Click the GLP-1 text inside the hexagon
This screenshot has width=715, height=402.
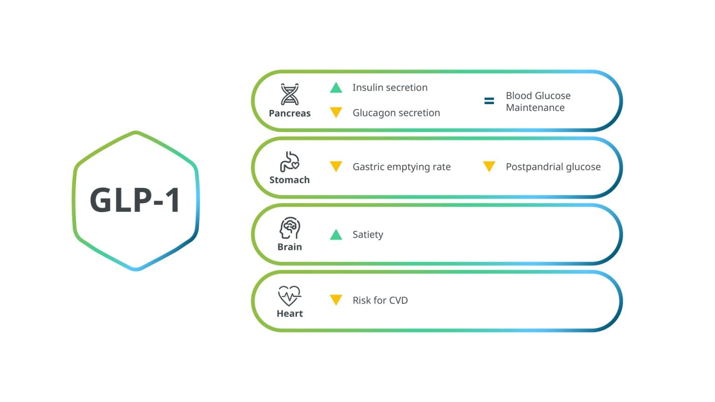[135, 201]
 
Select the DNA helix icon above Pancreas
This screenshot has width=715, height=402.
[290, 94]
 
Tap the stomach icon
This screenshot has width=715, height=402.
[290, 161]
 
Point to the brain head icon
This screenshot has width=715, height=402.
[290, 228]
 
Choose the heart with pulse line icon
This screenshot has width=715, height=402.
[290, 295]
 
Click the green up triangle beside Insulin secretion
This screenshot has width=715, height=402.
[336, 87]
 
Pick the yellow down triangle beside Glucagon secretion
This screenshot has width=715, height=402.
[336, 112]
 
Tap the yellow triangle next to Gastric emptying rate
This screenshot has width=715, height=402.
[336, 166]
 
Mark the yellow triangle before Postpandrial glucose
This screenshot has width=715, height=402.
[489, 166]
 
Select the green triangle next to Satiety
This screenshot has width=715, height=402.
[336, 234]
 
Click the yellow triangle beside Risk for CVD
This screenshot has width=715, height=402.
[336, 300]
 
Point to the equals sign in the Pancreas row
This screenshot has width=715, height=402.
[489, 101]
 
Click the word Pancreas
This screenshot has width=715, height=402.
[290, 113]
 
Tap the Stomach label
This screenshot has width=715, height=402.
[290, 180]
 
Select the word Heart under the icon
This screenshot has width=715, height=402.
[290, 314]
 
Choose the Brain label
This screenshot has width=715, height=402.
[290, 247]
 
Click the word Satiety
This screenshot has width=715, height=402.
[368, 234]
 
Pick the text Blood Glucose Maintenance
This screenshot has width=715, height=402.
[538, 101]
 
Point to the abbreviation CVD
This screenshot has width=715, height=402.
[398, 301]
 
